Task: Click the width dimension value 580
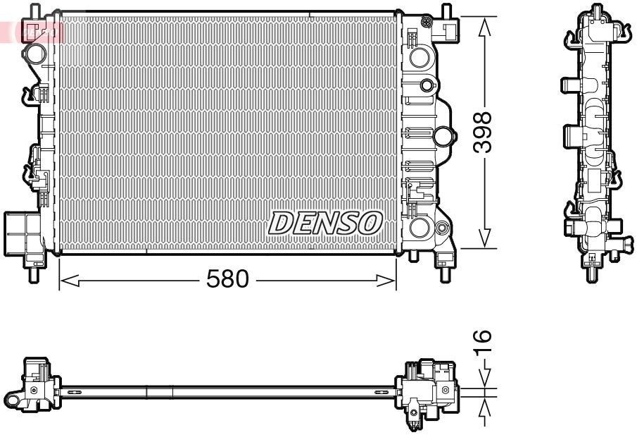[x=227, y=280]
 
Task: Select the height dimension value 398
[x=482, y=133]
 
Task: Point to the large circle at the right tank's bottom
[x=420, y=228]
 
